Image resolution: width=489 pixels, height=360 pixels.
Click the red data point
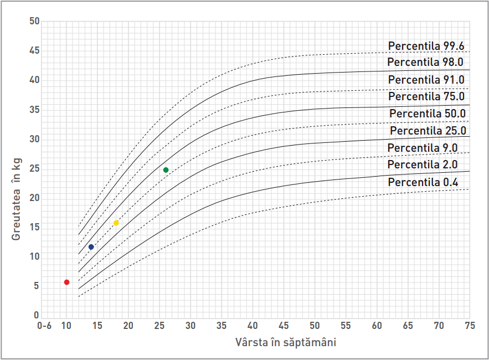(66, 282)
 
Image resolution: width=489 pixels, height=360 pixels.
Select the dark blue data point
(91, 247)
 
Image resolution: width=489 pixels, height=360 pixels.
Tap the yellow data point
(116, 223)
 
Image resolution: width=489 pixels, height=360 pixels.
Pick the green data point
(166, 170)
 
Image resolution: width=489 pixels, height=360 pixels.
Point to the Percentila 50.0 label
(428, 114)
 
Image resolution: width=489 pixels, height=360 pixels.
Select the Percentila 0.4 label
(423, 182)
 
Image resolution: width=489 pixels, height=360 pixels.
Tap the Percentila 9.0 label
(423, 148)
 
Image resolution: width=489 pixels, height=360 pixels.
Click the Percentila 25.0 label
(428, 131)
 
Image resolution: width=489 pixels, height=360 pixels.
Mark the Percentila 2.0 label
(423, 164)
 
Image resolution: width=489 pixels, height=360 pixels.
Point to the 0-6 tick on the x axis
(44, 326)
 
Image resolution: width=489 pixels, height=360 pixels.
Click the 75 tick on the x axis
(470, 326)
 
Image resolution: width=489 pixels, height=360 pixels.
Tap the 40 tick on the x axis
(253, 326)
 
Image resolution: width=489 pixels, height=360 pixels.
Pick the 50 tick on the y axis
(35, 22)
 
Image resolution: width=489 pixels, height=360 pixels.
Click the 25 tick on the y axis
(35, 169)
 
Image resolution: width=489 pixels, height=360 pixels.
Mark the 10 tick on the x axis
(66, 326)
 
